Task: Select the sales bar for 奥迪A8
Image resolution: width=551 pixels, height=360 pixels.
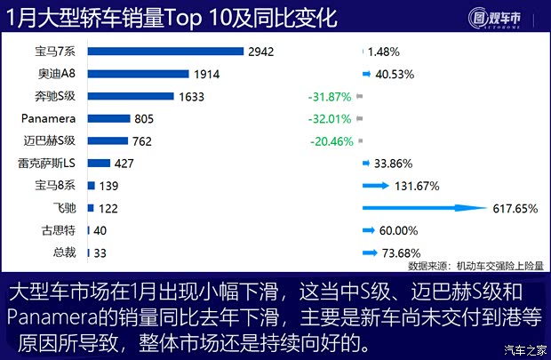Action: [139, 75]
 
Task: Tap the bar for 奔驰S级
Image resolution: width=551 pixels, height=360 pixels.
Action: [132, 97]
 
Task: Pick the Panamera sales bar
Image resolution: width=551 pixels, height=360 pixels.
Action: [108, 119]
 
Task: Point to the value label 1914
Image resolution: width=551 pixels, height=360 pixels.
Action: [206, 75]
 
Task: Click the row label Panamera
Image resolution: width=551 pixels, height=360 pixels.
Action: [50, 118]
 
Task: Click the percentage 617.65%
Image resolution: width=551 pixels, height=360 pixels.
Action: [515, 208]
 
